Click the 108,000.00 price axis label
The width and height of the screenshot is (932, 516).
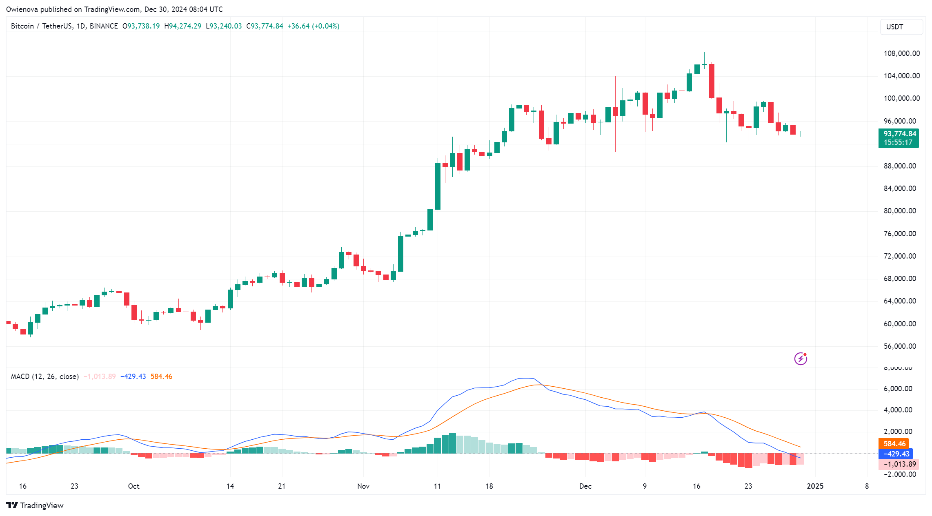click(x=901, y=53)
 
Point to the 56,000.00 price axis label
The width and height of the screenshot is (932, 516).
click(x=900, y=346)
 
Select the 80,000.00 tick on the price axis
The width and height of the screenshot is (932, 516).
click(x=900, y=211)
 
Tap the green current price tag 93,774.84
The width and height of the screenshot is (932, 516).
click(x=899, y=134)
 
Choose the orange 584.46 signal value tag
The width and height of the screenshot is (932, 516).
click(x=894, y=444)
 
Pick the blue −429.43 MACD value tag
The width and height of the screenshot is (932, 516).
click(x=895, y=454)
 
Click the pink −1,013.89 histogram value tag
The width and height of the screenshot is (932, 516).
click(x=899, y=464)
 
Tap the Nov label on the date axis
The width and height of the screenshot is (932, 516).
click(x=363, y=486)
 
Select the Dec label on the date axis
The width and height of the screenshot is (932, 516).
click(x=585, y=486)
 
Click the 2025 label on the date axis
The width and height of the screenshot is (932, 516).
click(x=815, y=486)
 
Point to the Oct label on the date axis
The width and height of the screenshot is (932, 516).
click(x=133, y=486)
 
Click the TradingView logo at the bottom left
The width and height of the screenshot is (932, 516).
click(x=35, y=505)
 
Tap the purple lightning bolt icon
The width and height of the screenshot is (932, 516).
click(x=801, y=359)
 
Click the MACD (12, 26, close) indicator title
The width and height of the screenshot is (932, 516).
click(x=44, y=376)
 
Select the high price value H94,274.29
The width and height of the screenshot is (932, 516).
click(x=182, y=26)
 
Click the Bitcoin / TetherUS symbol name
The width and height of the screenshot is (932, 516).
click(x=42, y=26)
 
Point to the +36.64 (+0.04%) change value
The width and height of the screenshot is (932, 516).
click(x=313, y=26)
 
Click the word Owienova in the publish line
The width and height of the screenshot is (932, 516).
click(x=22, y=9)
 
